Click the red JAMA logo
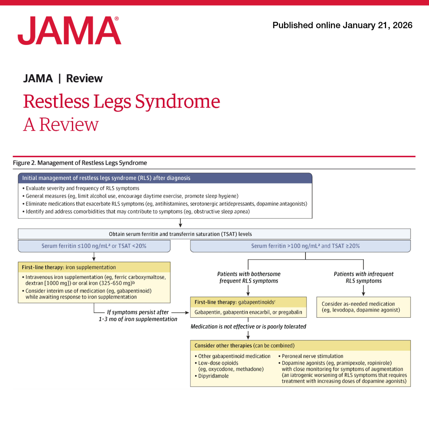coord(69,31)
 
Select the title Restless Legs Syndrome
coord(121,101)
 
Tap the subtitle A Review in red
coord(61,125)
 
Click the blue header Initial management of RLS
coord(106,178)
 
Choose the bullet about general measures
coord(132,196)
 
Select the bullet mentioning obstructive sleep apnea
coord(137,211)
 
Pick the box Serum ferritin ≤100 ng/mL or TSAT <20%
coord(94,246)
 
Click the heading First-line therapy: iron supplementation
coord(69,267)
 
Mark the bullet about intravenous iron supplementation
coord(95,280)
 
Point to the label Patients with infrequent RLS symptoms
coord(363,277)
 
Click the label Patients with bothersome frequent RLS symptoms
coord(249,277)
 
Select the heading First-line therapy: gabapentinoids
coord(235,302)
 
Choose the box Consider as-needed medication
coord(363,307)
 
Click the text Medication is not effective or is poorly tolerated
coord(248,327)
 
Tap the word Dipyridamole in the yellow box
coord(213,376)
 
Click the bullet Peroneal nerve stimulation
coord(312,356)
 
